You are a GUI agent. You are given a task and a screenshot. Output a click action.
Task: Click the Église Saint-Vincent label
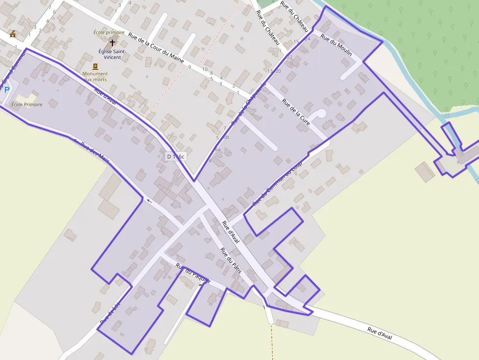click(x=112, y=54)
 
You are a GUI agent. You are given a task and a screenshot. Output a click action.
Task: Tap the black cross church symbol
click(x=113, y=43)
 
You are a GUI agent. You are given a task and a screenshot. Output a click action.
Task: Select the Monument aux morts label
click(x=95, y=77)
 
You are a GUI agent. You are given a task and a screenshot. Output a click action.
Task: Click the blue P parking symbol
click(x=7, y=90)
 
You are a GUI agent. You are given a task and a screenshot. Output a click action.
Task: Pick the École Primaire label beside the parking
click(x=27, y=105)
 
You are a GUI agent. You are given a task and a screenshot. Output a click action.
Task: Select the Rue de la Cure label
click(x=296, y=112)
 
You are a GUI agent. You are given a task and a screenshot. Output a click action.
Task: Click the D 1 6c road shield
click(x=175, y=156)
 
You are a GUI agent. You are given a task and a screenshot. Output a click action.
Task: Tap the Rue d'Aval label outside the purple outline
click(x=380, y=334)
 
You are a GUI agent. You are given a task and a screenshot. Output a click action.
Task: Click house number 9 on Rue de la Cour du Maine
click(x=189, y=67)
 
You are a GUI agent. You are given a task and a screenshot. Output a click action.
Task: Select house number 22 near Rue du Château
click(x=289, y=57)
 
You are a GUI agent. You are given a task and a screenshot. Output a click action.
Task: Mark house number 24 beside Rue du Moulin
click(x=307, y=39)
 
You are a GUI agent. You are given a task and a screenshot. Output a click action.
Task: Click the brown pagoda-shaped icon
click(x=13, y=34)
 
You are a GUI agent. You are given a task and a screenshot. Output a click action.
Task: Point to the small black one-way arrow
click(x=149, y=201)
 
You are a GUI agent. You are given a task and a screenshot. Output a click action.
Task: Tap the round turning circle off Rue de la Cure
click(x=321, y=113)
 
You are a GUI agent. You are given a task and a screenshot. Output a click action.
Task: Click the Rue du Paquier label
click(x=193, y=275)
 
